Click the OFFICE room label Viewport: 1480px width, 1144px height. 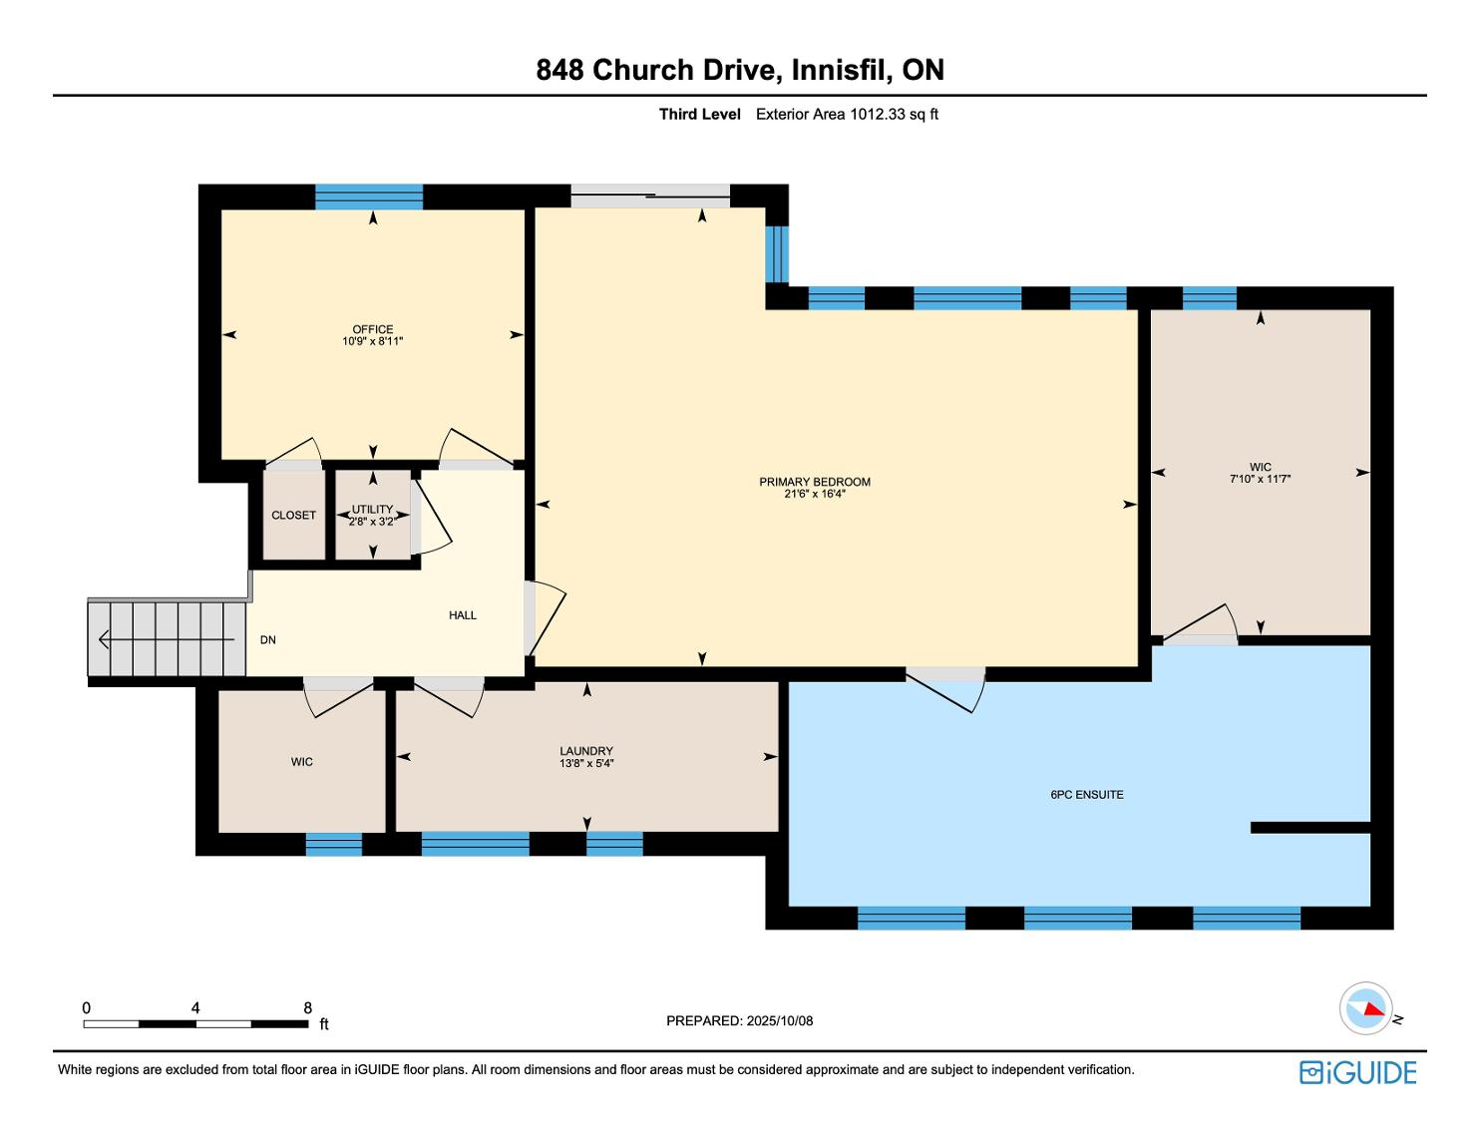373,329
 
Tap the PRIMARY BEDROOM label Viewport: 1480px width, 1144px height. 815,482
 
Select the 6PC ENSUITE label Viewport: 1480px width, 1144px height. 1087,795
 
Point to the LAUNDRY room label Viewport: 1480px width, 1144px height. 586,751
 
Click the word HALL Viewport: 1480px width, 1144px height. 463,615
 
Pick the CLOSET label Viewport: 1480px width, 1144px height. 293,516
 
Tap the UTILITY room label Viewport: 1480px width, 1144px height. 373,510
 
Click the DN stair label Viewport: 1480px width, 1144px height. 268,640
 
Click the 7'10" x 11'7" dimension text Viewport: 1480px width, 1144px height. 1260,479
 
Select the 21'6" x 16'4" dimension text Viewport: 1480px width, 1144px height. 815,494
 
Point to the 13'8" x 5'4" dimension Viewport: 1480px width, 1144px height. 586,763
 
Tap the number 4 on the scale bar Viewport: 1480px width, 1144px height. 195,1007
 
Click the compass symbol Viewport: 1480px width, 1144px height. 1365,1008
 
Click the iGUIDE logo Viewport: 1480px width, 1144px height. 1357,1072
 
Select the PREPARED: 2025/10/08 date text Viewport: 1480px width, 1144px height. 740,1020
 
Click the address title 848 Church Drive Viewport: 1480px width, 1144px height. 655,70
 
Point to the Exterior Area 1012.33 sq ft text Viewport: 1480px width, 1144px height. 847,115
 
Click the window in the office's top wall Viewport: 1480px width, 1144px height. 369,196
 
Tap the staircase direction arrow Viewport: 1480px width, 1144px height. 167,639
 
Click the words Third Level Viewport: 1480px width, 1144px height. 699,115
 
